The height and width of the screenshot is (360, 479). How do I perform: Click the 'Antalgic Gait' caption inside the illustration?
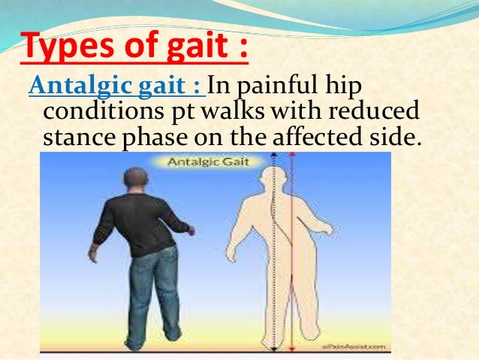pos(213,161)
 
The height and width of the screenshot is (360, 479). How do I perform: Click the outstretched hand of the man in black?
pos(193,231)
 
